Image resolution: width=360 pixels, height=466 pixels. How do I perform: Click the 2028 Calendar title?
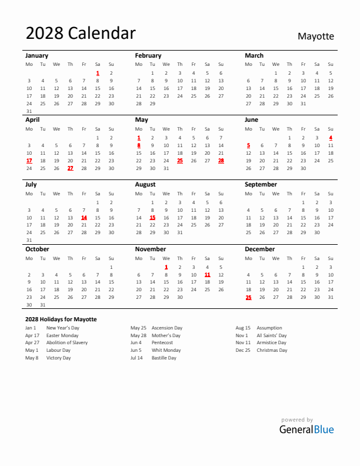(x=81, y=34)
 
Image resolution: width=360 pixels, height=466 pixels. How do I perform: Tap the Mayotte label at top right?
(x=315, y=36)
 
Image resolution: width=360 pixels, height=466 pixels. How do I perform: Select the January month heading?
(x=36, y=55)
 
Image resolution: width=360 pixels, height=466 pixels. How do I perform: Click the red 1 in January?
(x=98, y=73)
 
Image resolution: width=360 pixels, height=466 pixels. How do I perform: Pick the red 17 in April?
(x=29, y=160)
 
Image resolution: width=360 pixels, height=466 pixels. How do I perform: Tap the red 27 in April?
(x=70, y=168)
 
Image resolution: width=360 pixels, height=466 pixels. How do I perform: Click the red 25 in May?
(x=180, y=160)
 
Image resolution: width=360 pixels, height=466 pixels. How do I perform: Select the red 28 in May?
(x=221, y=160)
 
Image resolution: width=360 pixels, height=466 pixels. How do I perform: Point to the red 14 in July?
(x=84, y=217)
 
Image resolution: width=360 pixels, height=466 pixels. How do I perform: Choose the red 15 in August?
(x=152, y=217)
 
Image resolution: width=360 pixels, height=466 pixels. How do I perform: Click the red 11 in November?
(x=207, y=274)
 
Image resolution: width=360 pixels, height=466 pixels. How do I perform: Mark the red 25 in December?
(x=248, y=297)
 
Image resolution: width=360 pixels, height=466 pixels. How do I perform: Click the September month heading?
(x=261, y=184)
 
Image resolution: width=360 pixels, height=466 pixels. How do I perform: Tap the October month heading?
(x=37, y=249)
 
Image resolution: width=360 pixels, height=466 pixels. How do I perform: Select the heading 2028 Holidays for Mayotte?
(x=61, y=319)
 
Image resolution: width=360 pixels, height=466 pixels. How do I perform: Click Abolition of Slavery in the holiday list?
(x=67, y=342)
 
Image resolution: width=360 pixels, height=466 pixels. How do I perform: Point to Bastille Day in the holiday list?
(x=164, y=358)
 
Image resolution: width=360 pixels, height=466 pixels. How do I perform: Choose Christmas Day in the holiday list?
(x=272, y=350)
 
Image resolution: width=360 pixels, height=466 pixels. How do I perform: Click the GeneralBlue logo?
(x=306, y=429)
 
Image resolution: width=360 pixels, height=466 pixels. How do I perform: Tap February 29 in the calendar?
(x=152, y=103)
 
